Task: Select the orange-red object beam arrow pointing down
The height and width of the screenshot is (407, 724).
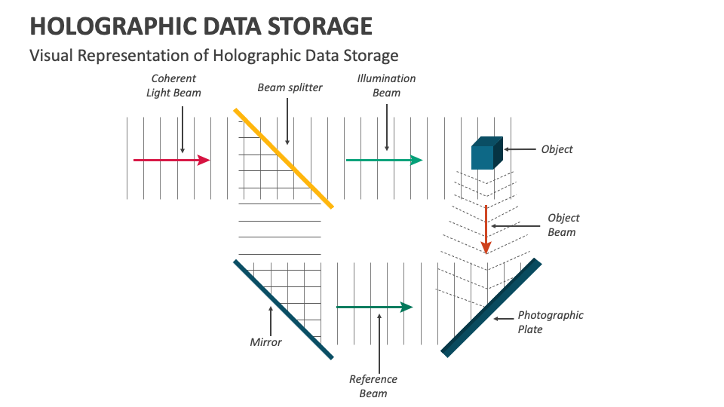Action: coord(486,229)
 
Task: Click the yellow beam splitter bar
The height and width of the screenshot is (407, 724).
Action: coord(283,158)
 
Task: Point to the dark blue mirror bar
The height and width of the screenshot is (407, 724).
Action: coord(283,309)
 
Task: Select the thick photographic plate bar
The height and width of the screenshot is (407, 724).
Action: coord(491,308)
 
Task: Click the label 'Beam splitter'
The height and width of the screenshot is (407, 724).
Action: coord(290,87)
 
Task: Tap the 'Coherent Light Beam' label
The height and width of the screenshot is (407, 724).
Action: coord(174,86)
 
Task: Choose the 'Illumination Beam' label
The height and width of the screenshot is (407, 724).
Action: coord(386,86)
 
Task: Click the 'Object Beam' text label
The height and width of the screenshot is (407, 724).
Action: coord(563,225)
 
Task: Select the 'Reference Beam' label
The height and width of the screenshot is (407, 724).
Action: coord(373,386)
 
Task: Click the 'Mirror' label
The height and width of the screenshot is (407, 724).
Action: coord(265,342)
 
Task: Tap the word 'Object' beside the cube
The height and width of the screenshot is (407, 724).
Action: coord(557,149)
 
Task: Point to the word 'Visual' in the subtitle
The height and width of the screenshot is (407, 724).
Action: coord(50,55)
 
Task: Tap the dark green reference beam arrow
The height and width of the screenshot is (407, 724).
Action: coord(374,307)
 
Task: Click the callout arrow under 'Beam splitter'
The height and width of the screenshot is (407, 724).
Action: coord(287,121)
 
